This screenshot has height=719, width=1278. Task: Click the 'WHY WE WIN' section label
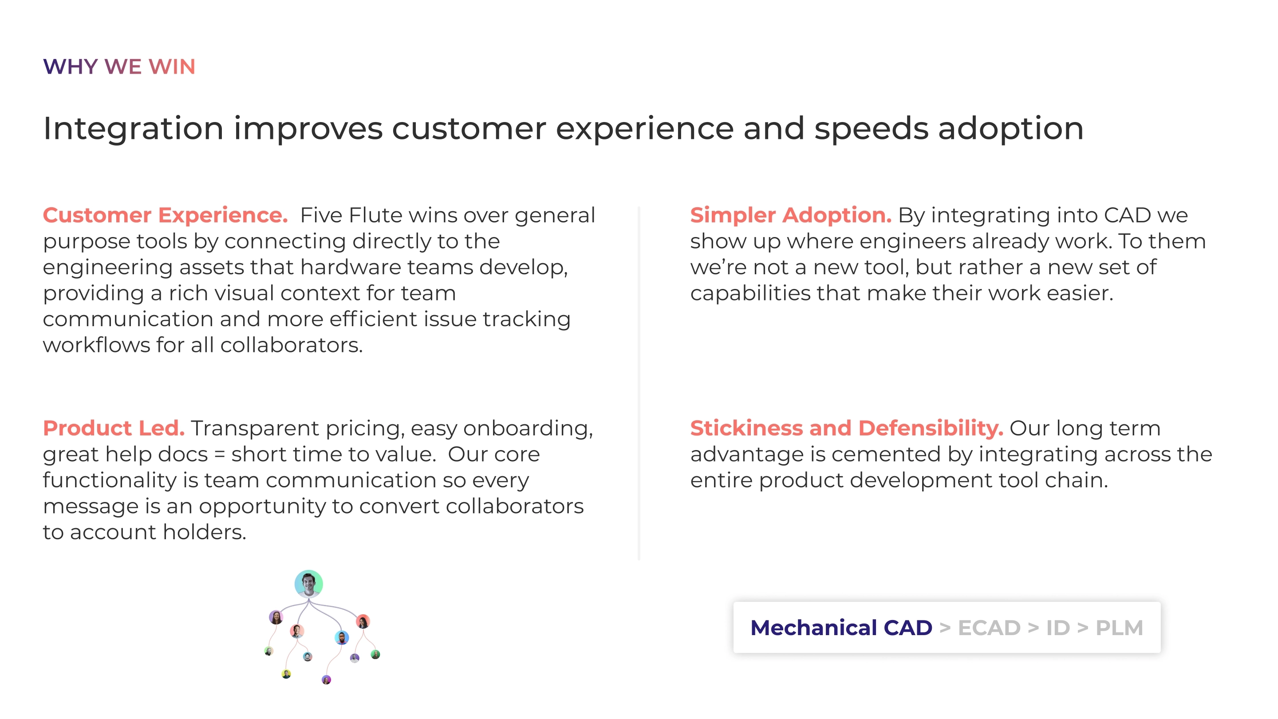coord(119,67)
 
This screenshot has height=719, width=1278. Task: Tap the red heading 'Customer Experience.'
coord(165,215)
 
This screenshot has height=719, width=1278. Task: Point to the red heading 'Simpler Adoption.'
coord(791,215)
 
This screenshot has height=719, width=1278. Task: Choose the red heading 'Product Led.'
coord(114,428)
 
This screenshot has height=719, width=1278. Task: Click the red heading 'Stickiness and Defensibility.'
coord(846,428)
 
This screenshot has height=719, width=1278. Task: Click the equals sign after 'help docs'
coord(219,454)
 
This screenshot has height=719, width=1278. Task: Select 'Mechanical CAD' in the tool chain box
coord(841,628)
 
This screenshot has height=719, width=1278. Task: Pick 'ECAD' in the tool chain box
coord(989,628)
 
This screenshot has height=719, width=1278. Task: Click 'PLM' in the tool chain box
coord(1119,628)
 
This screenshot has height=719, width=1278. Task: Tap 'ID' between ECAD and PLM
coord(1058,628)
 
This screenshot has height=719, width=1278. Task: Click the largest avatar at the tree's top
coord(308,584)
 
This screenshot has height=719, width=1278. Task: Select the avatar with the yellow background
coord(286,674)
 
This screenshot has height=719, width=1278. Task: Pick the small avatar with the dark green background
coord(375,655)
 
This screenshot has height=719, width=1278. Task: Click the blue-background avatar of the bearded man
coord(341,638)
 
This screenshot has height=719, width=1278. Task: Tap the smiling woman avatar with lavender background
coord(276,617)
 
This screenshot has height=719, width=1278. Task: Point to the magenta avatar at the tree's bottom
coord(326,679)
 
